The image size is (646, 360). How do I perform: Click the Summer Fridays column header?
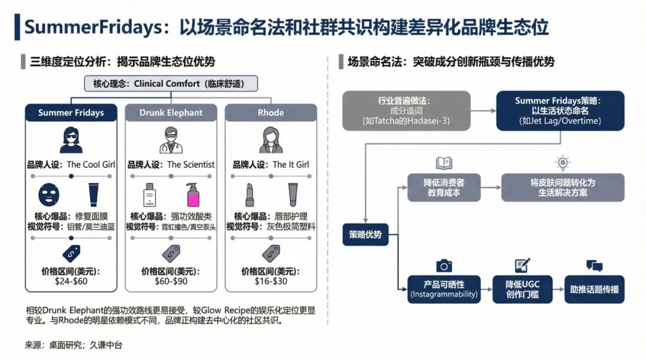[x=71, y=112]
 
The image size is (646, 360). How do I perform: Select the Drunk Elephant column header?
[x=170, y=112]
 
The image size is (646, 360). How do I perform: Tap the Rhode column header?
[x=270, y=112]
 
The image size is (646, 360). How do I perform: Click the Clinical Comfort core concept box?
[x=171, y=84]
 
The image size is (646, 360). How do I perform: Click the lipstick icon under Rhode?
[x=249, y=194]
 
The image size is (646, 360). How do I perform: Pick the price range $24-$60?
[x=71, y=280]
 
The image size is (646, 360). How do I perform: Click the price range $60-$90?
[x=170, y=280]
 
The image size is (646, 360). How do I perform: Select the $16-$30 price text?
[x=271, y=280]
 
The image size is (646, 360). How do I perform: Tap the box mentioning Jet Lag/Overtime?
[x=560, y=111]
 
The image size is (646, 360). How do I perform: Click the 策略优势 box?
[x=365, y=234]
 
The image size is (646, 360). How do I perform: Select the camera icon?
[x=443, y=266]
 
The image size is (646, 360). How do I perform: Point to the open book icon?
[x=444, y=163]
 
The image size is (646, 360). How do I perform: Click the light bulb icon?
[x=562, y=163]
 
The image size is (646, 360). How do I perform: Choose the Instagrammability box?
[x=444, y=289]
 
